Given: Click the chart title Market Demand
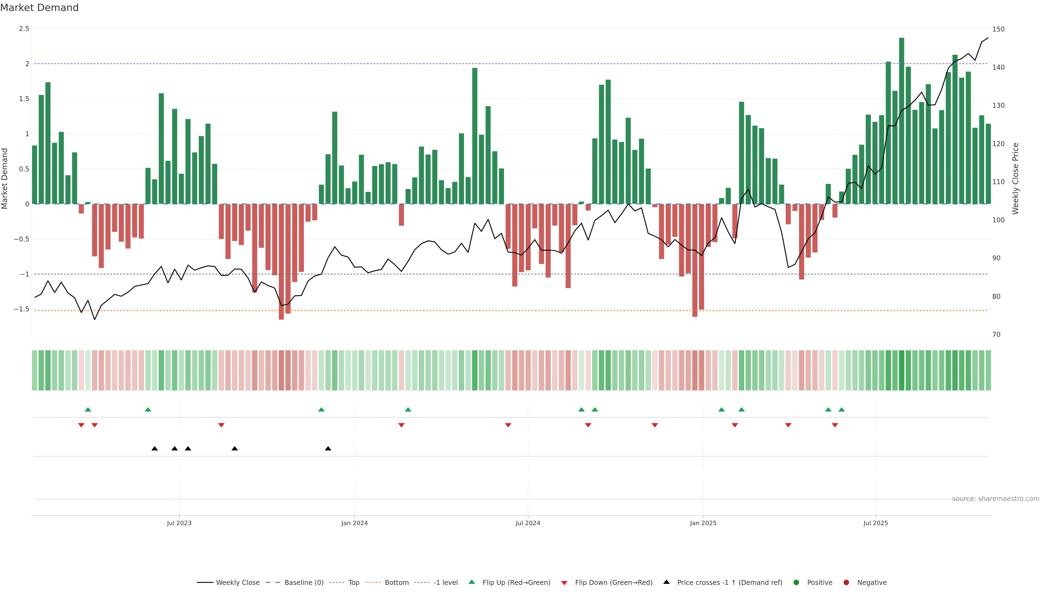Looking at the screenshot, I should click(x=39, y=8).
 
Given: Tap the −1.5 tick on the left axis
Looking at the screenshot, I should click(x=22, y=309).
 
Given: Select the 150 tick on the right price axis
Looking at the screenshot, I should click(x=998, y=29).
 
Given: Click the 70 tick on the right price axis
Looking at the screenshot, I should click(x=996, y=335).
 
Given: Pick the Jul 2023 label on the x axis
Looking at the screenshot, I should click(x=179, y=523).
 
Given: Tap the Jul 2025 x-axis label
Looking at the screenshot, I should click(x=876, y=523).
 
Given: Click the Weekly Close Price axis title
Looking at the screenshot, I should click(x=1015, y=178).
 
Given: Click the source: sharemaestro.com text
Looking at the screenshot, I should click(x=995, y=499).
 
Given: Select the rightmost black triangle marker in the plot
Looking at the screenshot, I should click(x=328, y=449).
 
